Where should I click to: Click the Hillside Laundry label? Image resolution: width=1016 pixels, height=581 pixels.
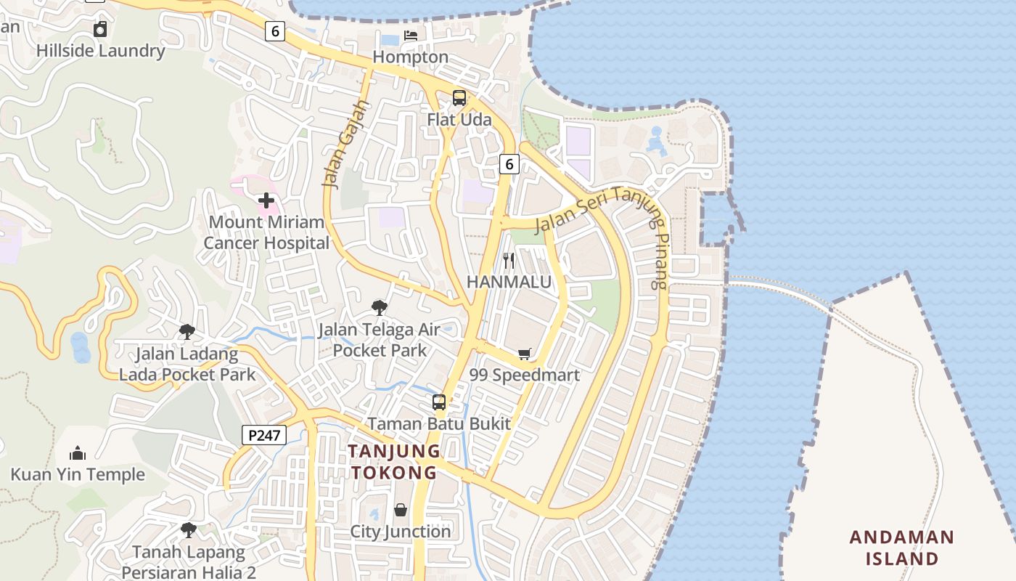point(100,51)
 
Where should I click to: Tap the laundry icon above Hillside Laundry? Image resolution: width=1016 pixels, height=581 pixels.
point(100,29)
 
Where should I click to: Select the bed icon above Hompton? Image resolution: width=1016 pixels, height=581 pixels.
point(411,35)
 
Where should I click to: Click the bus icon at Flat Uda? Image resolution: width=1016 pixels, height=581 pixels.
point(459,97)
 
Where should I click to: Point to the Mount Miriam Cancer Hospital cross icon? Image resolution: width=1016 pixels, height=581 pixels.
point(266,200)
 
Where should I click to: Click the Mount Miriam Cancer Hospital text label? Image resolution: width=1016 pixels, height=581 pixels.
point(266,232)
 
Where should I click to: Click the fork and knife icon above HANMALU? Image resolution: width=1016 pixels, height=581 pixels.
point(509,260)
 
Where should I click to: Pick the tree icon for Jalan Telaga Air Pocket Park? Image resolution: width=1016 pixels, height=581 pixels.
point(379,308)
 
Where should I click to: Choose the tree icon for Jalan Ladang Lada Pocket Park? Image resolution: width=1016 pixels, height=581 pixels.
point(187,332)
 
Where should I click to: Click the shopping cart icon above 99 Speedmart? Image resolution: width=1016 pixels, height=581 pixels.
point(525,354)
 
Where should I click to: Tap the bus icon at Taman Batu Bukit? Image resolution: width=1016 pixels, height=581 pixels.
point(439,402)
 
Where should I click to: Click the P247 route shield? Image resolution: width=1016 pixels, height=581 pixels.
point(264,435)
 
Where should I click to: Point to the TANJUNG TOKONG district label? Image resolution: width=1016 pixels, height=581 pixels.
point(393,462)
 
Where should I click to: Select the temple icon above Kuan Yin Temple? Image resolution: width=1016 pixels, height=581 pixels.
point(78,454)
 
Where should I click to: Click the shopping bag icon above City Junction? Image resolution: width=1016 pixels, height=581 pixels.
point(401,510)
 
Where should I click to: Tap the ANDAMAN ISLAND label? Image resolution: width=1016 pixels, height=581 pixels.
point(902,548)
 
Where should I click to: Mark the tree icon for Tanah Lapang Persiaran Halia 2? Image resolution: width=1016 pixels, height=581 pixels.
point(189,529)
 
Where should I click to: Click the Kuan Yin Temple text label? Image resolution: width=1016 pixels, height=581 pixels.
point(78,475)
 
